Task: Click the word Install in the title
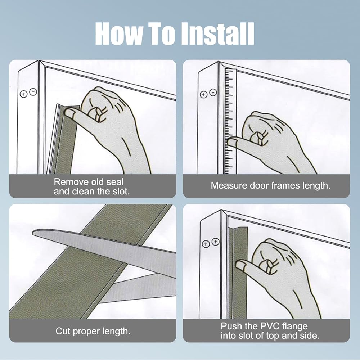pos(218,34)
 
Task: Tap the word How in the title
pos(118,34)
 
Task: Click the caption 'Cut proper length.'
pos(93,331)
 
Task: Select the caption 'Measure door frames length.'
pos(270,186)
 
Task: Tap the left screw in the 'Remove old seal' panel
pos(24,94)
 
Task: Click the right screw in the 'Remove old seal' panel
pos(33,92)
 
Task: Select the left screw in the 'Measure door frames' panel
pos(204,94)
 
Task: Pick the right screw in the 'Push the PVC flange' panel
pos(215,242)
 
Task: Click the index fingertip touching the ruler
pos(231,141)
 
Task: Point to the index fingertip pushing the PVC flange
pos(240,265)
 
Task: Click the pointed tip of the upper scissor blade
pos(33,233)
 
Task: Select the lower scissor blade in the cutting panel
pos(138,287)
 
